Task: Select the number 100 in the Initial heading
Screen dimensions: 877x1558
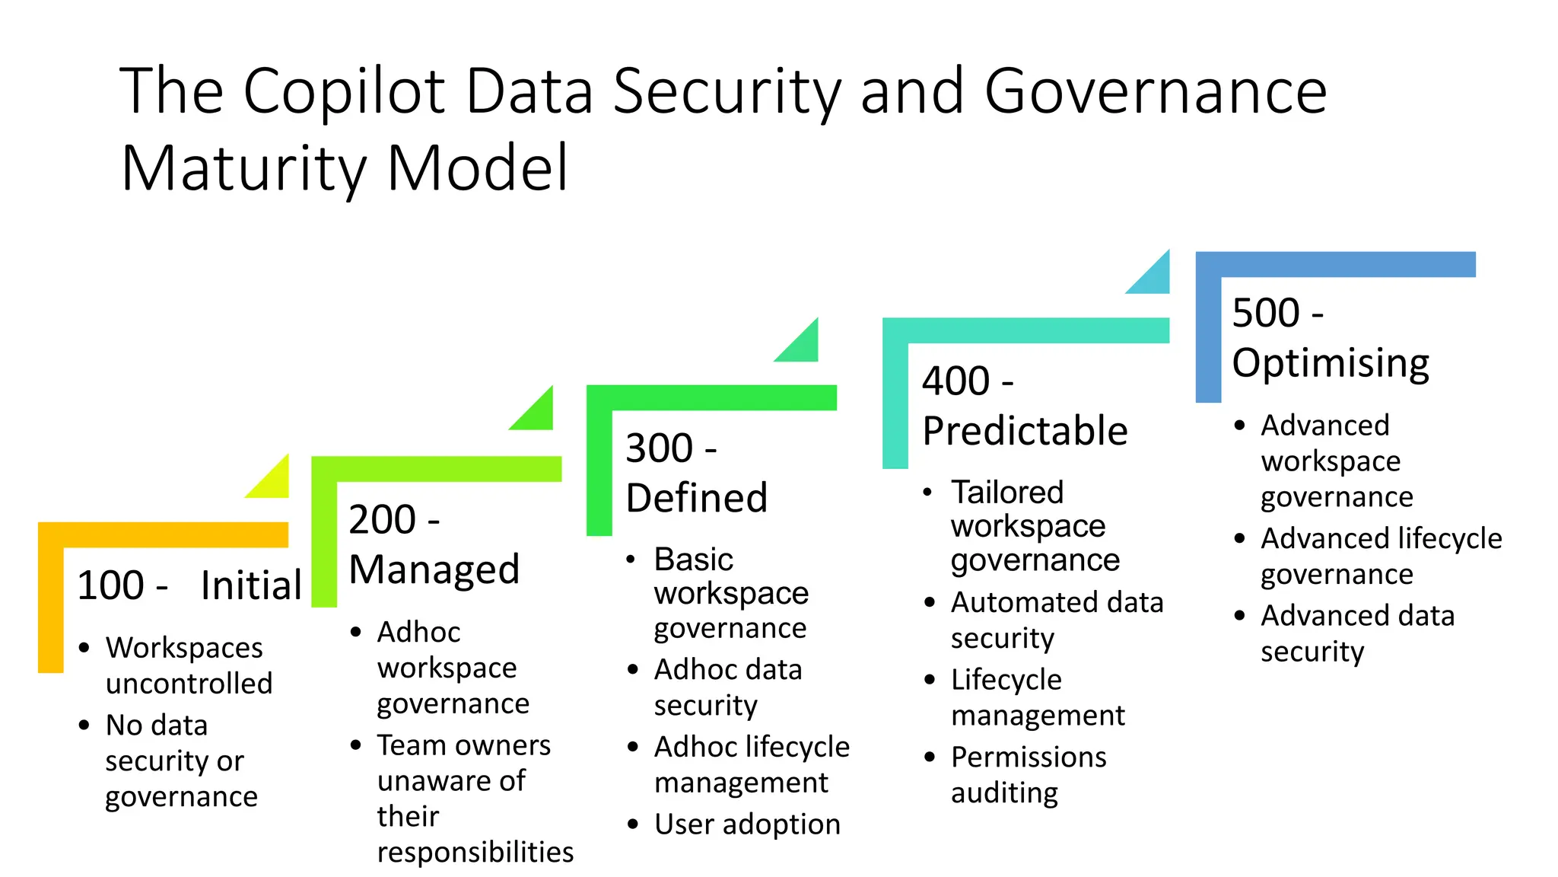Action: point(111,585)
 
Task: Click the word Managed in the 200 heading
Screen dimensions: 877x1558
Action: point(434,569)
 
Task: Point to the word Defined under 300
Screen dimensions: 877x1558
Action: point(696,498)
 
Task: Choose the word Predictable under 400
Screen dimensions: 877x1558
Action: point(1025,431)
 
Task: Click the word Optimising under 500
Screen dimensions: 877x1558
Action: point(1331,363)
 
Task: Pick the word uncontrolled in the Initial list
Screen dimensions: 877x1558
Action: point(189,684)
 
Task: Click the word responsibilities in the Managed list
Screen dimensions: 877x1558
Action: point(475,852)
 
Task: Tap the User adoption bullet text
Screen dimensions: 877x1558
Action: point(747,824)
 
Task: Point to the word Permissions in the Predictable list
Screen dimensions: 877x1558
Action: point(1029,757)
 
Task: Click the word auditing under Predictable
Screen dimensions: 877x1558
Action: point(1004,793)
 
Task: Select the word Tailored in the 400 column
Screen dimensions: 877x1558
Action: point(1007,493)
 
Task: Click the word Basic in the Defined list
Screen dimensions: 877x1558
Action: point(693,560)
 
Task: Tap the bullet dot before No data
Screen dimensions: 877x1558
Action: point(84,725)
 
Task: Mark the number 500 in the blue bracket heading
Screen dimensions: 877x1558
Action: point(1266,313)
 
